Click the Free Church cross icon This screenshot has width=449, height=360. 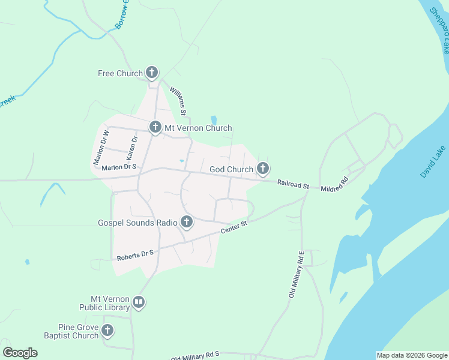pyautogui.click(x=152, y=73)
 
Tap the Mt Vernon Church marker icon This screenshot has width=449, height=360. pyautogui.click(x=155, y=127)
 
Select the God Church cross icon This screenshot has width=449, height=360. pyautogui.click(x=262, y=169)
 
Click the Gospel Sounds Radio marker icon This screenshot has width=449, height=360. pyautogui.click(x=187, y=223)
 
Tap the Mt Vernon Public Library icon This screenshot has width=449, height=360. pyautogui.click(x=139, y=302)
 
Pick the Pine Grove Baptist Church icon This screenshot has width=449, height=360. pyautogui.click(x=107, y=331)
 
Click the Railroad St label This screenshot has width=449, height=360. pyautogui.click(x=293, y=184)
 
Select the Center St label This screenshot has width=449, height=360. pyautogui.click(x=234, y=227)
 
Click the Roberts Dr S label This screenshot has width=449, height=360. pyautogui.click(x=135, y=255)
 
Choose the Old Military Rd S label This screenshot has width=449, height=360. pyautogui.click(x=196, y=356)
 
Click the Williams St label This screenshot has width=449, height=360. pyautogui.click(x=178, y=100)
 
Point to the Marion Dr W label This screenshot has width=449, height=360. pyautogui.click(x=101, y=148)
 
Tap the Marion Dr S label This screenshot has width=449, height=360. pyautogui.click(x=119, y=167)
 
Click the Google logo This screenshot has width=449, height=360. pyautogui.click(x=20, y=352)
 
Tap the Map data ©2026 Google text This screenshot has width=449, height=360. pyautogui.click(x=411, y=355)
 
